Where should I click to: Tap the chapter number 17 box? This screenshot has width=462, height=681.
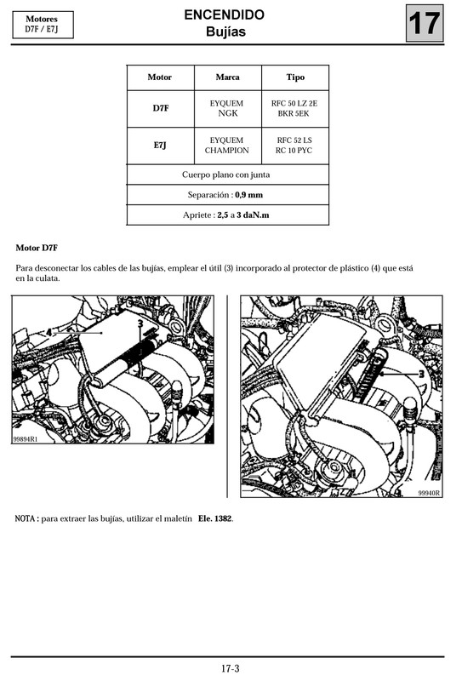point(425,24)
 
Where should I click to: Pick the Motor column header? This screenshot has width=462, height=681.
point(159,77)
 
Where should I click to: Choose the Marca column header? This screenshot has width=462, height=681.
point(227,77)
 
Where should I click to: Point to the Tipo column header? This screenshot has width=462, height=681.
point(294,77)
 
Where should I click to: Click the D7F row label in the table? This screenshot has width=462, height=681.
point(160,107)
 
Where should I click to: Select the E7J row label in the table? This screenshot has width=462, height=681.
point(160,146)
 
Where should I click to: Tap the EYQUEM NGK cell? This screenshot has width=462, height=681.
point(227,107)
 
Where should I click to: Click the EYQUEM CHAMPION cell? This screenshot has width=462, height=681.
point(227,146)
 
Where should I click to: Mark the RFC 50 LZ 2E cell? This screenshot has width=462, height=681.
point(294,102)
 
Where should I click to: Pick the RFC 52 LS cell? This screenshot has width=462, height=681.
point(294,140)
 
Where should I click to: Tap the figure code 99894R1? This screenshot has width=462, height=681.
point(26,439)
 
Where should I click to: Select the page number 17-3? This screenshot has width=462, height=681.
point(231,668)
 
